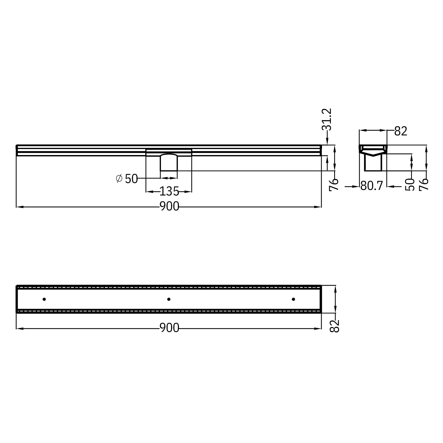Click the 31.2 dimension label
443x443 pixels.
click(x=327, y=119)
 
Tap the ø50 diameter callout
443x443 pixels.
click(x=127, y=179)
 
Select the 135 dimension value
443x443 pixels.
click(x=169, y=191)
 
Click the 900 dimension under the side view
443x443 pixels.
click(x=169, y=207)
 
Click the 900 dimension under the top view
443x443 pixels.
click(x=169, y=328)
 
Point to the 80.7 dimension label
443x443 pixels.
click(x=372, y=186)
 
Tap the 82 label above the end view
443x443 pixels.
click(x=401, y=132)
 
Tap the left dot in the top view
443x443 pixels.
click(x=44, y=299)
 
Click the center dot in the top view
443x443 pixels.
click(x=169, y=299)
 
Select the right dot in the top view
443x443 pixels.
click(x=293, y=299)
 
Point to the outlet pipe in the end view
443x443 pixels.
click(x=373, y=163)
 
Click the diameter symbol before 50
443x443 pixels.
click(x=119, y=179)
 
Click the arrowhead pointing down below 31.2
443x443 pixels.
click(x=327, y=142)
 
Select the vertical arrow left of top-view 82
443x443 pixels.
click(x=335, y=299)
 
